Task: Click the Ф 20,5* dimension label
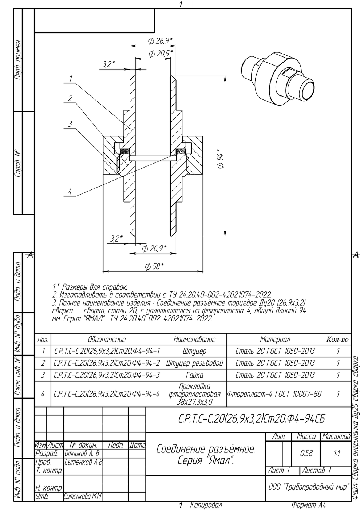tap(161, 54)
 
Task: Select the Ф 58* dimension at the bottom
tap(154, 266)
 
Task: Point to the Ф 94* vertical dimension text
tap(220, 159)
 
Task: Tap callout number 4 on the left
tap(70, 192)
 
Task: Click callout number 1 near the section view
tap(71, 79)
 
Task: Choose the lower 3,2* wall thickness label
tap(116, 239)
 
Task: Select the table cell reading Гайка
tap(194, 375)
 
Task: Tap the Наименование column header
tap(194, 340)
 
